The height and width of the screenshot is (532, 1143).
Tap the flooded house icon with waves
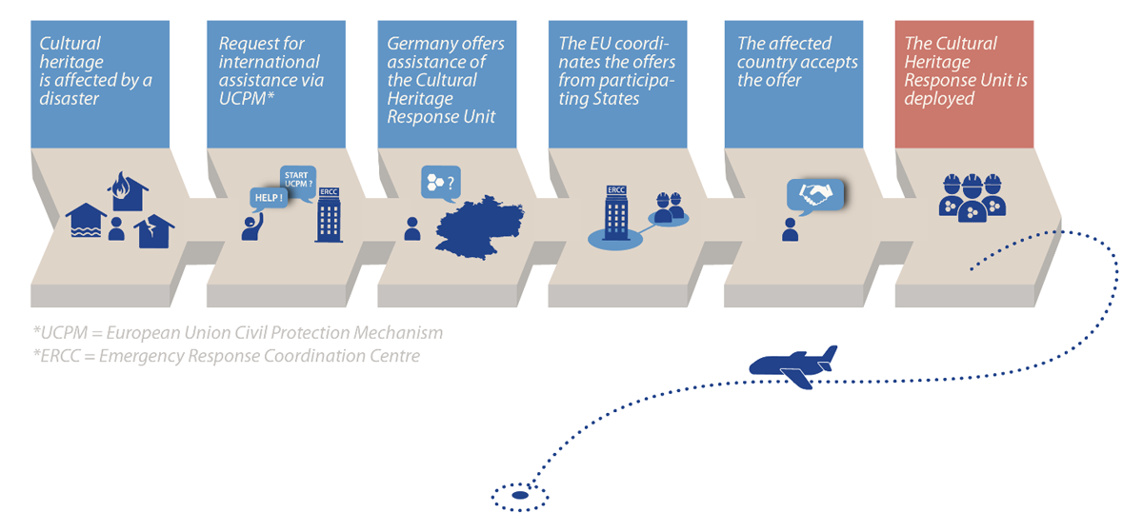coord(86,221)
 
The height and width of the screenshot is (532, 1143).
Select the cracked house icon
coord(154,231)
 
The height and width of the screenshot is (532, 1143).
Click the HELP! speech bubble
coord(269,199)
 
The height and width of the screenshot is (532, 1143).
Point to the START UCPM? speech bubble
coord(298,181)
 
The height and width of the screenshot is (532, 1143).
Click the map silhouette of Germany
coord(479,227)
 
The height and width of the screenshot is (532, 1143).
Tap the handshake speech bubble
coord(815,196)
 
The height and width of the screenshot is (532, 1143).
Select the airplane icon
coord(793,366)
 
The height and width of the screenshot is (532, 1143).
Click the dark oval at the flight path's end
coord(520,495)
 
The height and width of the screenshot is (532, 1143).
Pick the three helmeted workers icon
coord(973,198)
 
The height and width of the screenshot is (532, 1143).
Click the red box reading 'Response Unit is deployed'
coord(964,84)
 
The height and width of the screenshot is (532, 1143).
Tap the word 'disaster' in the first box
coord(69,98)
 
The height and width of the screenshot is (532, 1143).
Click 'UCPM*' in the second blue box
coord(247,98)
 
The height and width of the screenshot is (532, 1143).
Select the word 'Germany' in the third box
coord(420,44)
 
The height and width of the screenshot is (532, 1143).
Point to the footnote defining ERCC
coord(227,356)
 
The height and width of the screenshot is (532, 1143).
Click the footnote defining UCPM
coord(238,332)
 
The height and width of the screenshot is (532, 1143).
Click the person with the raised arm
coord(252,227)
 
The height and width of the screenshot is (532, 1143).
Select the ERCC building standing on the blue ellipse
coord(616,212)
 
